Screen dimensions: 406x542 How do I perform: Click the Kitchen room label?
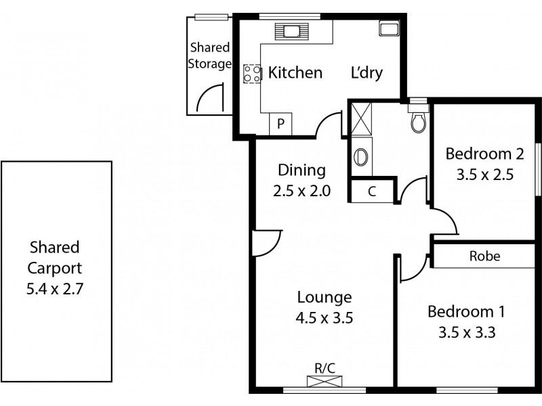point(295,73)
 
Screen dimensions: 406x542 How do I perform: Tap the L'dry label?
point(367,73)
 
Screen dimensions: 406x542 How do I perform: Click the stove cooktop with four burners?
point(252,73)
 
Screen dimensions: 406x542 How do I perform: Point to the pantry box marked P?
point(280,125)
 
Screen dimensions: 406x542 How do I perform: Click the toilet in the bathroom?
point(418,119)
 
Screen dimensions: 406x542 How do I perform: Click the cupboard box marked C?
point(371,191)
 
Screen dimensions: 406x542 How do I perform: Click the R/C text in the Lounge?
point(325,368)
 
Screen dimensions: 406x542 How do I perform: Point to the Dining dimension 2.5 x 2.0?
point(302,191)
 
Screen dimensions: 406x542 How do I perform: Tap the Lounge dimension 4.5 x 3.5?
point(324,317)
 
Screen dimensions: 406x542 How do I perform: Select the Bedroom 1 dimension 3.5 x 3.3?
point(466,332)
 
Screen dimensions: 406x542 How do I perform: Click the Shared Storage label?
point(210,56)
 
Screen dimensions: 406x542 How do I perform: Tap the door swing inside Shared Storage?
point(209,98)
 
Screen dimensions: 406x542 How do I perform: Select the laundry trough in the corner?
point(389,29)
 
